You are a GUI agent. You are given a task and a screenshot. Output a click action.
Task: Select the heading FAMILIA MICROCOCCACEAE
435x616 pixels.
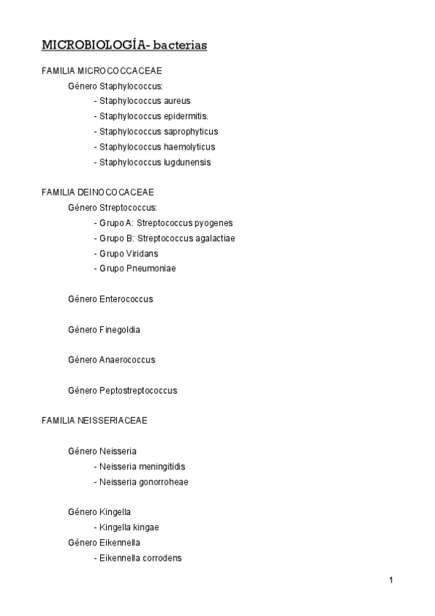[102, 70]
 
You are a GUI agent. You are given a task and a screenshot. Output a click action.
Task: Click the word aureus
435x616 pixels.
[176, 101]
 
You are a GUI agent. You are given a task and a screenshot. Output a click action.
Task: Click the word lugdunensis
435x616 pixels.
[187, 162]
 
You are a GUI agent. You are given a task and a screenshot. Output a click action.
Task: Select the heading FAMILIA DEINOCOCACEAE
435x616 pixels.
[98, 192]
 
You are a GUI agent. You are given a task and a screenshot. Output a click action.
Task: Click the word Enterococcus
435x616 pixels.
[126, 299]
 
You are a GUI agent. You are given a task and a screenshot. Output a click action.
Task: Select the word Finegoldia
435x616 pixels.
[120, 330]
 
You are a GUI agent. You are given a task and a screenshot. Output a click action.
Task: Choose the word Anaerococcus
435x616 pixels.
[127, 360]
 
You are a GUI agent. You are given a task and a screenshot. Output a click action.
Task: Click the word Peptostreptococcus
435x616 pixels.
[138, 391]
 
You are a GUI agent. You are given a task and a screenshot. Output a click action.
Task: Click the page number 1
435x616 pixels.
[391, 580]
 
